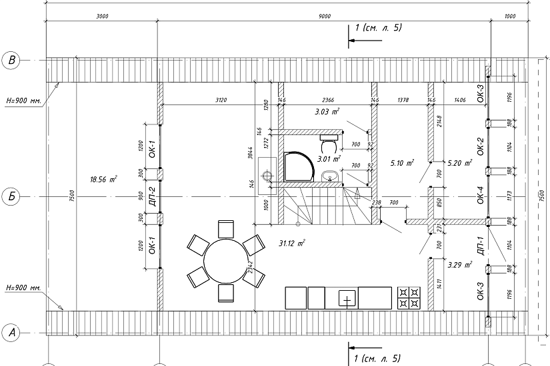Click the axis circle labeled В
(x=11, y=61)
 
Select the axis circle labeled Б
(x=11, y=197)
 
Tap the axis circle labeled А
(x=11, y=331)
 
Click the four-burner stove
(x=409, y=297)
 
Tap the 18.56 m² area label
(x=103, y=179)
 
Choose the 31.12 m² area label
(x=292, y=244)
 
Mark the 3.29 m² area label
(x=459, y=265)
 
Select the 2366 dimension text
(x=325, y=100)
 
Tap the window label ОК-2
(x=480, y=144)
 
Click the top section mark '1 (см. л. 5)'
(x=377, y=28)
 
